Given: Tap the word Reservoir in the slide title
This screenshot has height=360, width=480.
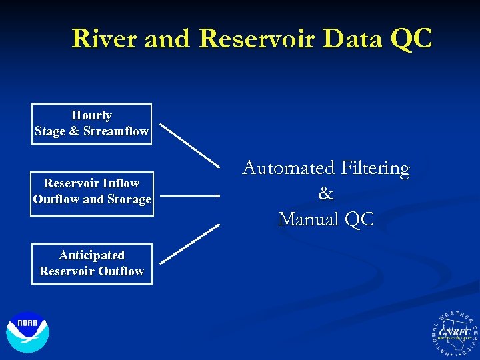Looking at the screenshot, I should tap(257, 39).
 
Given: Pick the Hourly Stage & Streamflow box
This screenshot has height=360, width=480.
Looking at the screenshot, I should tap(91, 123).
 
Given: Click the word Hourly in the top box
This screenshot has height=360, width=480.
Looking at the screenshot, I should tap(91, 115).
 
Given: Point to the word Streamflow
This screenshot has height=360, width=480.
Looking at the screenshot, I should tap(116, 131).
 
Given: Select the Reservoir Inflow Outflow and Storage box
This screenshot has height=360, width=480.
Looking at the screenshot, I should tap(92, 191).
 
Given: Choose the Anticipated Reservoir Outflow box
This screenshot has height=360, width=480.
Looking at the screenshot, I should tap(91, 263).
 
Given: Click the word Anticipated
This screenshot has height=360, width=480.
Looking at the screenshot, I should tap(91, 255).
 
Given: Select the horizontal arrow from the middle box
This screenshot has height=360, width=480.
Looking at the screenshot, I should tap(190, 196).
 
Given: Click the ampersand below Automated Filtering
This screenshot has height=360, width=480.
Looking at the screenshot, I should tap(325, 193).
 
